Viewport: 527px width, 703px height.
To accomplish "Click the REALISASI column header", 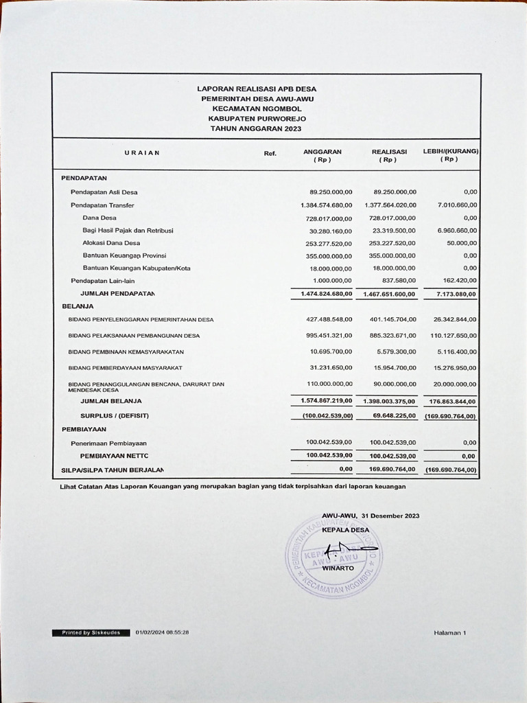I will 389,152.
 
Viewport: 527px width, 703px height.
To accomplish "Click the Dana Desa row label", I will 99,218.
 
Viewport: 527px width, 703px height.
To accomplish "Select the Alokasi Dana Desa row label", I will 111,243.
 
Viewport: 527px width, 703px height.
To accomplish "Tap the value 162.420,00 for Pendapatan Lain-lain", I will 460,281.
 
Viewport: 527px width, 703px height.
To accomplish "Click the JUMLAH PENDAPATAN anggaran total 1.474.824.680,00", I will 326,294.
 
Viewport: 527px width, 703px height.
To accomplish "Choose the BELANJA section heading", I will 78,306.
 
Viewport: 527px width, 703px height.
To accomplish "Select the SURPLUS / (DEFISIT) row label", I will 115,416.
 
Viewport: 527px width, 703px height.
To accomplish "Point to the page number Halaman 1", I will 449,632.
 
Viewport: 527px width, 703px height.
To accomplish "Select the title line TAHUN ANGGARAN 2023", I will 256,128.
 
